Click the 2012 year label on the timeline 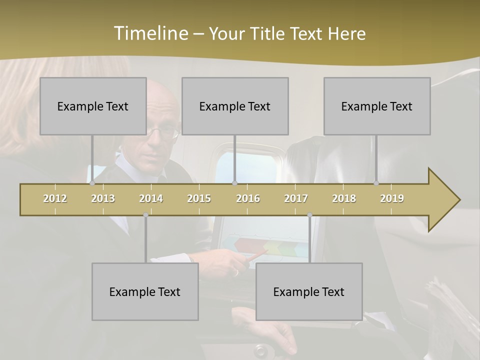click(55, 198)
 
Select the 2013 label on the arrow click(103, 198)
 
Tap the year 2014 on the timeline click(151, 198)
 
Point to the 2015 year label click(199, 198)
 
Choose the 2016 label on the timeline click(248, 198)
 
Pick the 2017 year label click(296, 198)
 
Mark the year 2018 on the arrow click(344, 198)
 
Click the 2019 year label click(392, 198)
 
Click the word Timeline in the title click(150, 33)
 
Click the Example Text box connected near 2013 click(93, 106)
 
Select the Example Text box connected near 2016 click(235, 106)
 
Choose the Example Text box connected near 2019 click(377, 106)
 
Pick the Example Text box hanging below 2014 click(145, 291)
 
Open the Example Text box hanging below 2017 click(309, 291)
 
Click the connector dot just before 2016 click(235, 183)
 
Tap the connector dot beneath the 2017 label click(309, 215)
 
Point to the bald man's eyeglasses click(162, 132)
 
